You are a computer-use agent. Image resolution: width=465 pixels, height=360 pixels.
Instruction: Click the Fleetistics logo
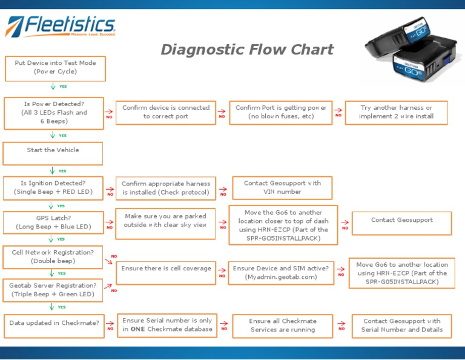(60, 26)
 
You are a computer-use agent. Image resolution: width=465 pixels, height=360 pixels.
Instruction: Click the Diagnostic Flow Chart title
(247, 50)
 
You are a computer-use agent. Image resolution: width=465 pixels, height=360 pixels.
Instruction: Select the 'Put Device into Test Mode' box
(55, 67)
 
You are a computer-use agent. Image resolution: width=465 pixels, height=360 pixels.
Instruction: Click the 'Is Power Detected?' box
(54, 113)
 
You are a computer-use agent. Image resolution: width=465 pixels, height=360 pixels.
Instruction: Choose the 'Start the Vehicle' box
(53, 151)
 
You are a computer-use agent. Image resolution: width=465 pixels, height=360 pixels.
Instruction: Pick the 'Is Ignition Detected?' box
(53, 187)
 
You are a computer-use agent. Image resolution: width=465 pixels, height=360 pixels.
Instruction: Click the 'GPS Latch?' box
(53, 222)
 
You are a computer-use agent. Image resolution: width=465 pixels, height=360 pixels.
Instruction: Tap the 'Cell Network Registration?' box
(53, 256)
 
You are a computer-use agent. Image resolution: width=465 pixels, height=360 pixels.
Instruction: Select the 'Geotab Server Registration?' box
(53, 290)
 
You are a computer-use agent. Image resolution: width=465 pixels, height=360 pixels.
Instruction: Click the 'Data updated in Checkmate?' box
(54, 324)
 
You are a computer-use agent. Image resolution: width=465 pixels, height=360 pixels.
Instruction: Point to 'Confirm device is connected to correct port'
(165, 112)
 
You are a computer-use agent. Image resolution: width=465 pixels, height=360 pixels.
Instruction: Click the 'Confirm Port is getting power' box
(281, 112)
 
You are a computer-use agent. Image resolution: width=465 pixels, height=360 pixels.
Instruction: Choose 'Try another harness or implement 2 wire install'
(396, 112)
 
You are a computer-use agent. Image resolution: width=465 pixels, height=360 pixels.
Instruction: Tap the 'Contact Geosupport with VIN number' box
(282, 188)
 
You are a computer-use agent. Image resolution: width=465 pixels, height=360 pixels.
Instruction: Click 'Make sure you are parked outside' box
(165, 221)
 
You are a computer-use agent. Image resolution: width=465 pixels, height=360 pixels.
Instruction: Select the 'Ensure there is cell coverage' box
(166, 268)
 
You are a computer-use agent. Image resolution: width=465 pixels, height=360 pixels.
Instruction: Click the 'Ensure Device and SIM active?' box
(281, 272)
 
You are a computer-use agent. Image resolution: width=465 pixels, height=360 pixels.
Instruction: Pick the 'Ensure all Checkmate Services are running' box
(282, 325)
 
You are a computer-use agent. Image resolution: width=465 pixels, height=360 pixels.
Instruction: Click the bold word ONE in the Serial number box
(139, 329)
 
